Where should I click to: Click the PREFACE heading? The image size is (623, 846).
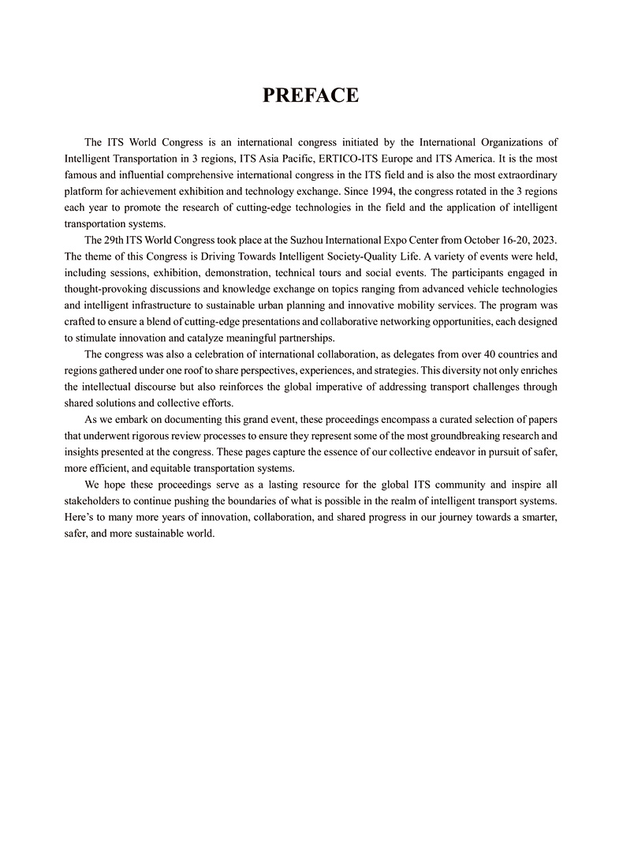tap(311, 95)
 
